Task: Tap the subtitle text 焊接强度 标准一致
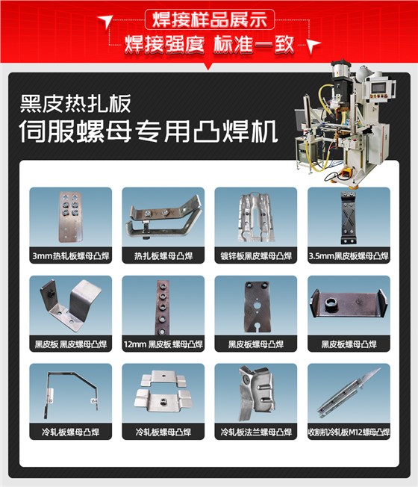tap(209, 43)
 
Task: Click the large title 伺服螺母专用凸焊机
tap(149, 133)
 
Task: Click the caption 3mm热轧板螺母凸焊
tap(70, 256)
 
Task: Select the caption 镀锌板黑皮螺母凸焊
tap(255, 256)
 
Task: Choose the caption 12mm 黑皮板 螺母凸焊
tap(163, 344)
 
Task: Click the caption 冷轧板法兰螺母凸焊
tap(255, 432)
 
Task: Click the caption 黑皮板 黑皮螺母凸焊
tap(70, 344)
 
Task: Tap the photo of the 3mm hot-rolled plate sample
tap(70, 217)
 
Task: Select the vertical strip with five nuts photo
tap(163, 305)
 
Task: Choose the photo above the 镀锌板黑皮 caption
tap(255, 217)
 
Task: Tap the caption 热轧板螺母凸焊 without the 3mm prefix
tap(163, 256)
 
